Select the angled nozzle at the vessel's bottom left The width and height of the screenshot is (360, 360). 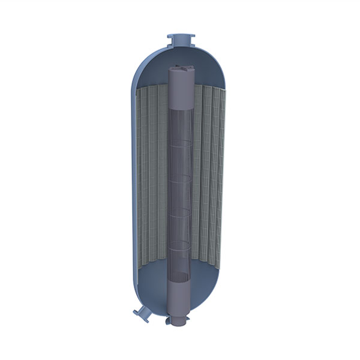(x=143, y=312)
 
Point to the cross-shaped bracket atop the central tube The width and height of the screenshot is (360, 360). (x=180, y=69)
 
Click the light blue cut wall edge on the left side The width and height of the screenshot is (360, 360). (x=133, y=180)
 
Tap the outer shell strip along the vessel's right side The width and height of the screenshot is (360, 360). (x=227, y=180)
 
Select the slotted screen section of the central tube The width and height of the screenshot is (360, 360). (x=180, y=198)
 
